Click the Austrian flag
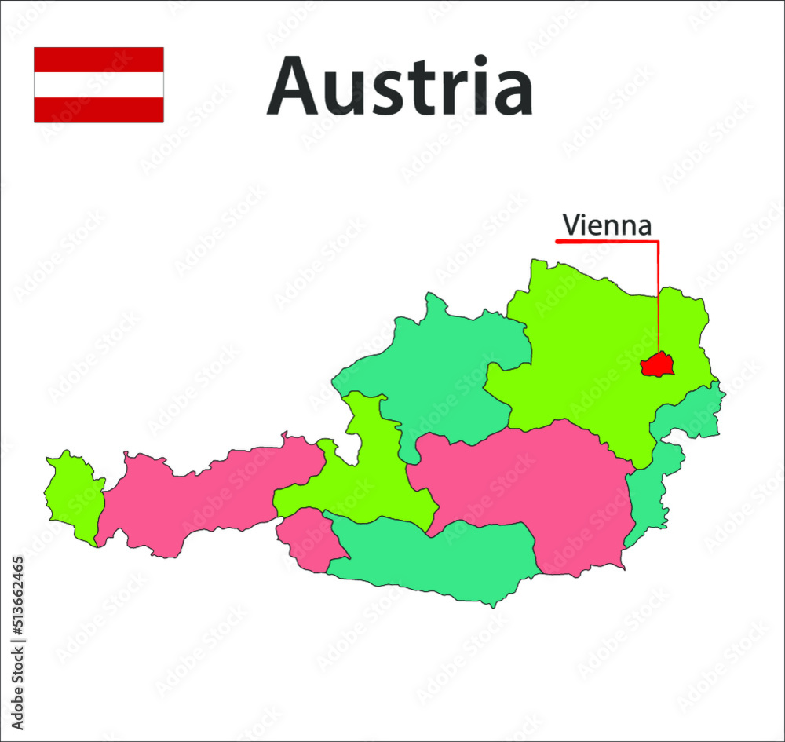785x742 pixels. (x=99, y=85)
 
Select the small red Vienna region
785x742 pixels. (x=657, y=364)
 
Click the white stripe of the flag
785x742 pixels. (x=99, y=85)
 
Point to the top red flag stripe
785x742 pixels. (x=99, y=60)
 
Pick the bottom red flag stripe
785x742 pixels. (x=99, y=110)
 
